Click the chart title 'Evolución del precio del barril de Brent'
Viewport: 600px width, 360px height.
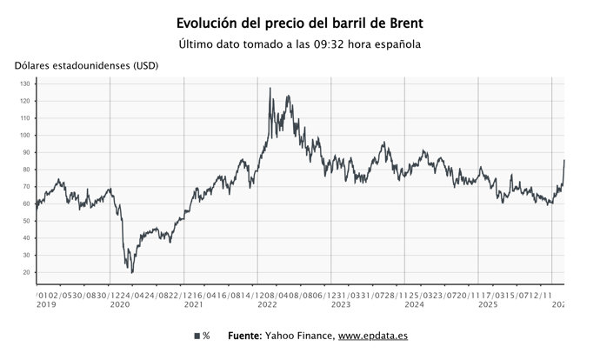click(x=299, y=23)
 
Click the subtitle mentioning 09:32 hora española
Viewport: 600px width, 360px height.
click(x=299, y=44)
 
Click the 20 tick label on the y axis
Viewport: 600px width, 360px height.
click(x=26, y=272)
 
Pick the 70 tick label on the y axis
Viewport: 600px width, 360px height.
click(x=26, y=187)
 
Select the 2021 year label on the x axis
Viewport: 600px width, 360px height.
click(x=194, y=304)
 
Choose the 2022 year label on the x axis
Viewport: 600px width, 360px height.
click(x=268, y=304)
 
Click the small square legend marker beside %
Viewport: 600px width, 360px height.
click(x=196, y=336)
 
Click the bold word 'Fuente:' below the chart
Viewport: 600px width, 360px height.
click(x=246, y=336)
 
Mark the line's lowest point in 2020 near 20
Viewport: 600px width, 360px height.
click(x=132, y=272)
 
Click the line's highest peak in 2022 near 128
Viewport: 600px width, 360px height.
click(x=270, y=88)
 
